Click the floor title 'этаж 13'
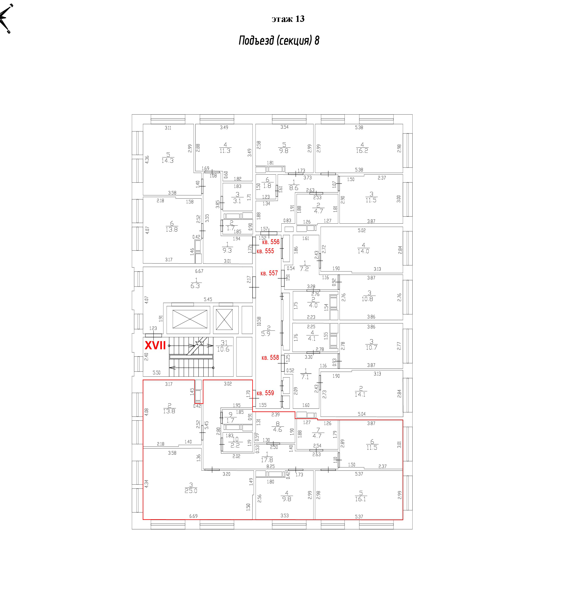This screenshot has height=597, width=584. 288,19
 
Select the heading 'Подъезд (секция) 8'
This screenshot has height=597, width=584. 279,40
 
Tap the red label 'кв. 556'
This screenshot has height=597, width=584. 271,242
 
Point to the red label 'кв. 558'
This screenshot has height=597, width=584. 270,358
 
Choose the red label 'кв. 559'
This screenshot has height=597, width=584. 265,393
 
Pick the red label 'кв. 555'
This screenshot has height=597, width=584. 265,251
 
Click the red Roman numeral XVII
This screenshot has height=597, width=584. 155,346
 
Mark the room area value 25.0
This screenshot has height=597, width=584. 191,491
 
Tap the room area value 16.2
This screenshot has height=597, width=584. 362,151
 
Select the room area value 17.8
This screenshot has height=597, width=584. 267,460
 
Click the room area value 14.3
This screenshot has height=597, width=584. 168,160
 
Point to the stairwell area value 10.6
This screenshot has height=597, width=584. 223,349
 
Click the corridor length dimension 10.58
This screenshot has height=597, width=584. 259,321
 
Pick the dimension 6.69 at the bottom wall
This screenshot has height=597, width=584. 193,516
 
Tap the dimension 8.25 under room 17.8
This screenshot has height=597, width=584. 271,466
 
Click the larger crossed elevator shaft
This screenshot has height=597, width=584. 190,319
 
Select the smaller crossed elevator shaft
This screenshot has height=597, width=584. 224,319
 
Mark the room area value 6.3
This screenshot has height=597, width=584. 195,286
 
